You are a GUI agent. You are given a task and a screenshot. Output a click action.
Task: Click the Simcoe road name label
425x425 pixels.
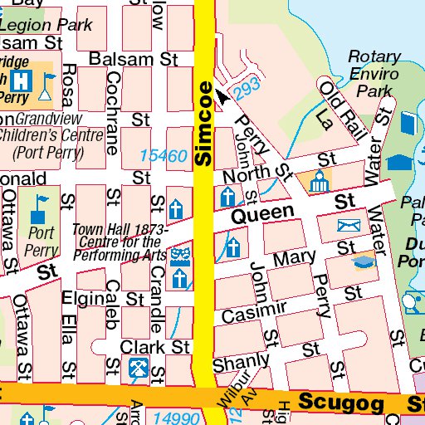tap(204, 121)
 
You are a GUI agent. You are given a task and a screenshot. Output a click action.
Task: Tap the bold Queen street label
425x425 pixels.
tap(262, 214)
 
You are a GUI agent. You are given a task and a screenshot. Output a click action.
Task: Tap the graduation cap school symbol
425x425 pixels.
tap(363, 262)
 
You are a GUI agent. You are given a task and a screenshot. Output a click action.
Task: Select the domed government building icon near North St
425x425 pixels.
tap(318, 182)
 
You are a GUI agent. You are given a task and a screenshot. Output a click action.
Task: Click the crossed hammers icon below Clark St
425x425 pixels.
tap(139, 368)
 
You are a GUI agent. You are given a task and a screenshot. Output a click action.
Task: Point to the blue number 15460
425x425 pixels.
tap(163, 155)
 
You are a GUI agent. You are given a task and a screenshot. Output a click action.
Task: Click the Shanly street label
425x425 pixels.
tap(241, 363)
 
